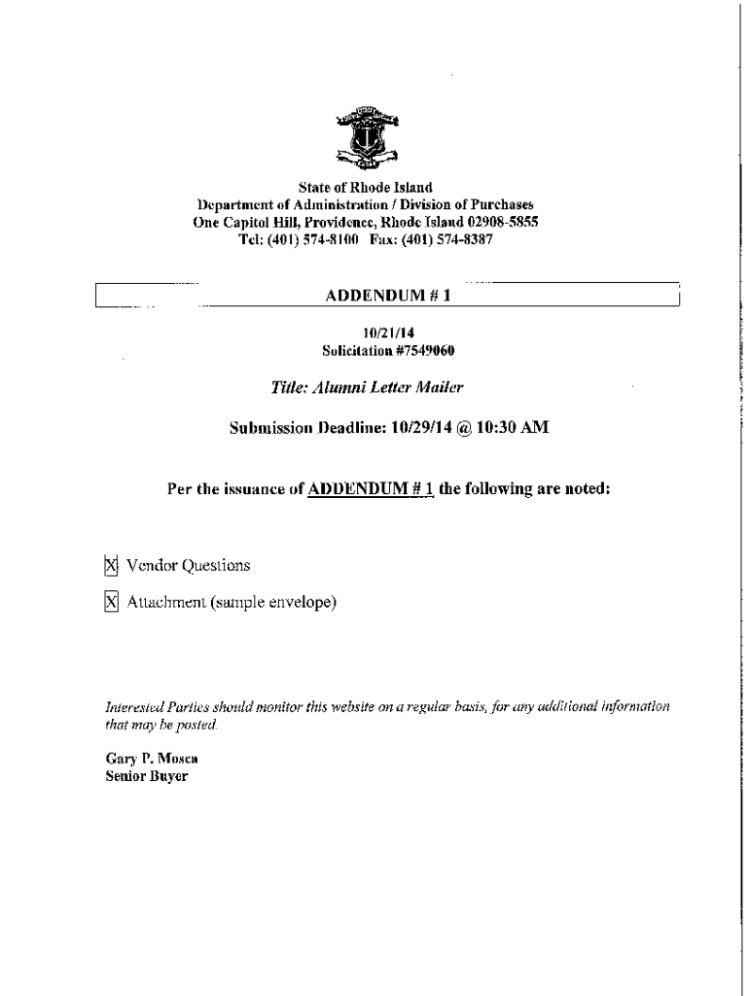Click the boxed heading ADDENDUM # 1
(x=388, y=296)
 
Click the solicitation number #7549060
(x=422, y=349)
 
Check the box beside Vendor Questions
(x=111, y=565)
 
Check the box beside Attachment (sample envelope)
(x=111, y=603)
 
